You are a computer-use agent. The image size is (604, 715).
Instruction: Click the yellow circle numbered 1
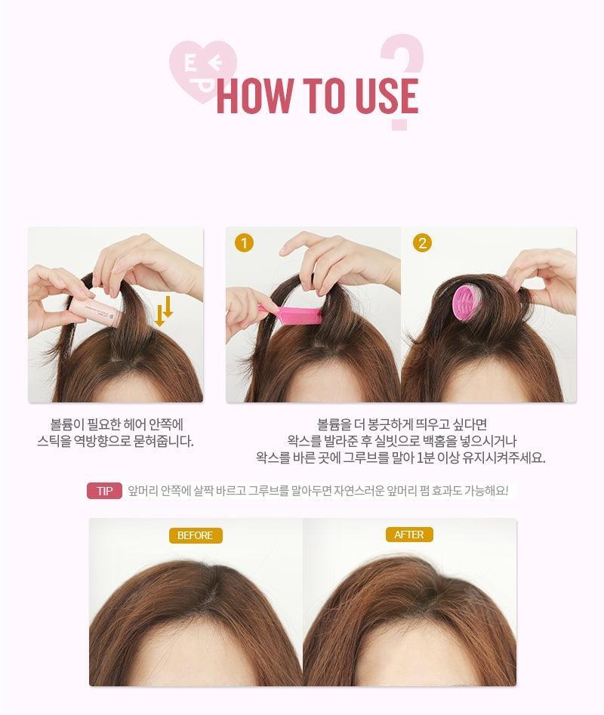(x=245, y=243)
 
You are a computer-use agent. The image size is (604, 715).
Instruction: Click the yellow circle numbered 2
(x=422, y=243)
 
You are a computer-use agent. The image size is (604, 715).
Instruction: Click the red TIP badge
(x=104, y=491)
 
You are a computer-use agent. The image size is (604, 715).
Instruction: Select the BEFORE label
(x=196, y=535)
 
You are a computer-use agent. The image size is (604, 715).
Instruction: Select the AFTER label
(x=409, y=535)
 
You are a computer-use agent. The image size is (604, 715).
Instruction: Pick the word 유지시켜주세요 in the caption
(x=504, y=458)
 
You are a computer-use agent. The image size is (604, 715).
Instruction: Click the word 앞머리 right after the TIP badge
(x=142, y=491)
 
